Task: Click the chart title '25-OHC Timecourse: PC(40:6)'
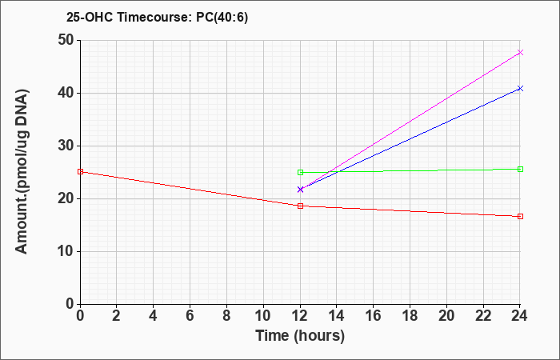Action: pyautogui.click(x=157, y=17)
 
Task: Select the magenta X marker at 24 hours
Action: pyautogui.click(x=520, y=53)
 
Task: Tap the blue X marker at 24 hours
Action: pyautogui.click(x=520, y=88)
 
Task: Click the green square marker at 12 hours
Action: pyautogui.click(x=300, y=173)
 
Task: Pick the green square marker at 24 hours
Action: pyautogui.click(x=520, y=169)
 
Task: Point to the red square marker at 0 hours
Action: pyautogui.click(x=80, y=172)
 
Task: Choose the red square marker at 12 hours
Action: pyautogui.click(x=300, y=206)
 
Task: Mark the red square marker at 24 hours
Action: pyautogui.click(x=520, y=217)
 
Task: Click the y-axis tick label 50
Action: pyautogui.click(x=66, y=40)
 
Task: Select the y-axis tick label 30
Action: pyautogui.click(x=66, y=146)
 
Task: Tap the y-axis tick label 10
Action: pyautogui.click(x=66, y=251)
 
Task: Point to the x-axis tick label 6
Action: pyautogui.click(x=190, y=316)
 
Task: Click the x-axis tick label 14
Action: pyautogui.click(x=337, y=316)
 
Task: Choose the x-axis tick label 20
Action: pyautogui.click(x=446, y=316)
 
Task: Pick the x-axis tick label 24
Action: pyautogui.click(x=519, y=316)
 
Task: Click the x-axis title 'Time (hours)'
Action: pyautogui.click(x=300, y=336)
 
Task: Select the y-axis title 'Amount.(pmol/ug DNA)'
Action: pyautogui.click(x=22, y=172)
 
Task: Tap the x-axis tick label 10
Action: pyautogui.click(x=263, y=316)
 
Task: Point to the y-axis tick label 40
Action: pyautogui.click(x=66, y=94)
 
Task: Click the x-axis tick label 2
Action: pyautogui.click(x=117, y=316)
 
